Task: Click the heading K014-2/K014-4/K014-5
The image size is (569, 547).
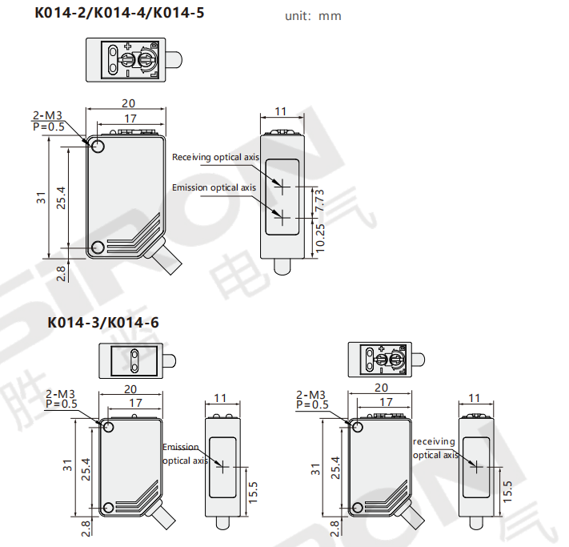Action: click(x=119, y=13)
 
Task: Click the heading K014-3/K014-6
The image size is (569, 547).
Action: click(x=103, y=323)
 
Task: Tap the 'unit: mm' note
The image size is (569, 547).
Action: click(x=313, y=16)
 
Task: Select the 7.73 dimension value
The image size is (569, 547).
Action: click(x=319, y=200)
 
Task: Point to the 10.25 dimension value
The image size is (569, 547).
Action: click(x=319, y=239)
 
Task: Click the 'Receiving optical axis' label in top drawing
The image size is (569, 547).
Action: click(x=215, y=157)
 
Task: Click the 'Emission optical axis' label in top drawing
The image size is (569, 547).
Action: click(x=214, y=187)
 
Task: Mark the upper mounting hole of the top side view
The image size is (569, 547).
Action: click(x=98, y=147)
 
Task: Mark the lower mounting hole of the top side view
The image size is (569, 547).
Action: click(x=98, y=247)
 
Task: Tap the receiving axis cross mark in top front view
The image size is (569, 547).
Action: click(x=282, y=187)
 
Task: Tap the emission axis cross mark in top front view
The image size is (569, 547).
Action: click(x=282, y=218)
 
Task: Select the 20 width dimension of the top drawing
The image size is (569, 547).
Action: click(x=128, y=103)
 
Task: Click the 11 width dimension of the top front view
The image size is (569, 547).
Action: click(x=281, y=111)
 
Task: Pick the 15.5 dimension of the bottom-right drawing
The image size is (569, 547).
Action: click(x=507, y=492)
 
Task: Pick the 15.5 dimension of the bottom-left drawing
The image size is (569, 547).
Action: click(x=253, y=493)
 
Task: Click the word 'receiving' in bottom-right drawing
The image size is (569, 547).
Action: click(x=434, y=441)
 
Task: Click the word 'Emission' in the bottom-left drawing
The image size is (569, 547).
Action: click(x=181, y=447)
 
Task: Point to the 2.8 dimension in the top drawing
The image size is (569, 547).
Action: click(x=61, y=274)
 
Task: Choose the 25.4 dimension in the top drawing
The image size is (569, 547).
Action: click(x=61, y=198)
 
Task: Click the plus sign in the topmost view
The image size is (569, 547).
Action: click(x=128, y=46)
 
